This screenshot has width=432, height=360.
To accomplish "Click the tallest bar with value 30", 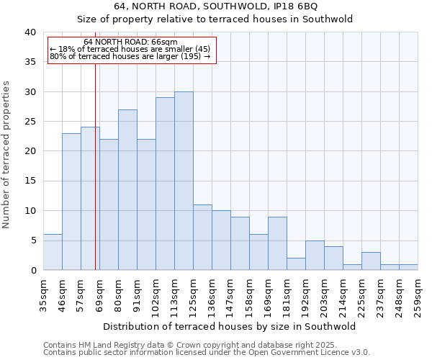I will coord(184,181).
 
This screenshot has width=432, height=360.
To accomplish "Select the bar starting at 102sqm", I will coord(165,184).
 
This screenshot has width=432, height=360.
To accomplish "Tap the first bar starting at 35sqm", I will coord(53,252).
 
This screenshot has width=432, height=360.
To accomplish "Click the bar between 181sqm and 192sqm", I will coord(296,264).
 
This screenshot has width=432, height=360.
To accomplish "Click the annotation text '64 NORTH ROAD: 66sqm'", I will coord(130,42).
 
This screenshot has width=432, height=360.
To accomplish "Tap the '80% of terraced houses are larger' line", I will coord(130,56).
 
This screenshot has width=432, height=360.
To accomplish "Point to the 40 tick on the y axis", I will coord(30,32).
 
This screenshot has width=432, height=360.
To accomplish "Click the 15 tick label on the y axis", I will coord(30,181).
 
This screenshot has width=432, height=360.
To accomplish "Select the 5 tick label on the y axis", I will coord(33,240).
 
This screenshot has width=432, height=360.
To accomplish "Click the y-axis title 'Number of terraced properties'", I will coord(7,154).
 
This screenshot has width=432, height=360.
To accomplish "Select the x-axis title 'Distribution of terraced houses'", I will coord(230,326).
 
